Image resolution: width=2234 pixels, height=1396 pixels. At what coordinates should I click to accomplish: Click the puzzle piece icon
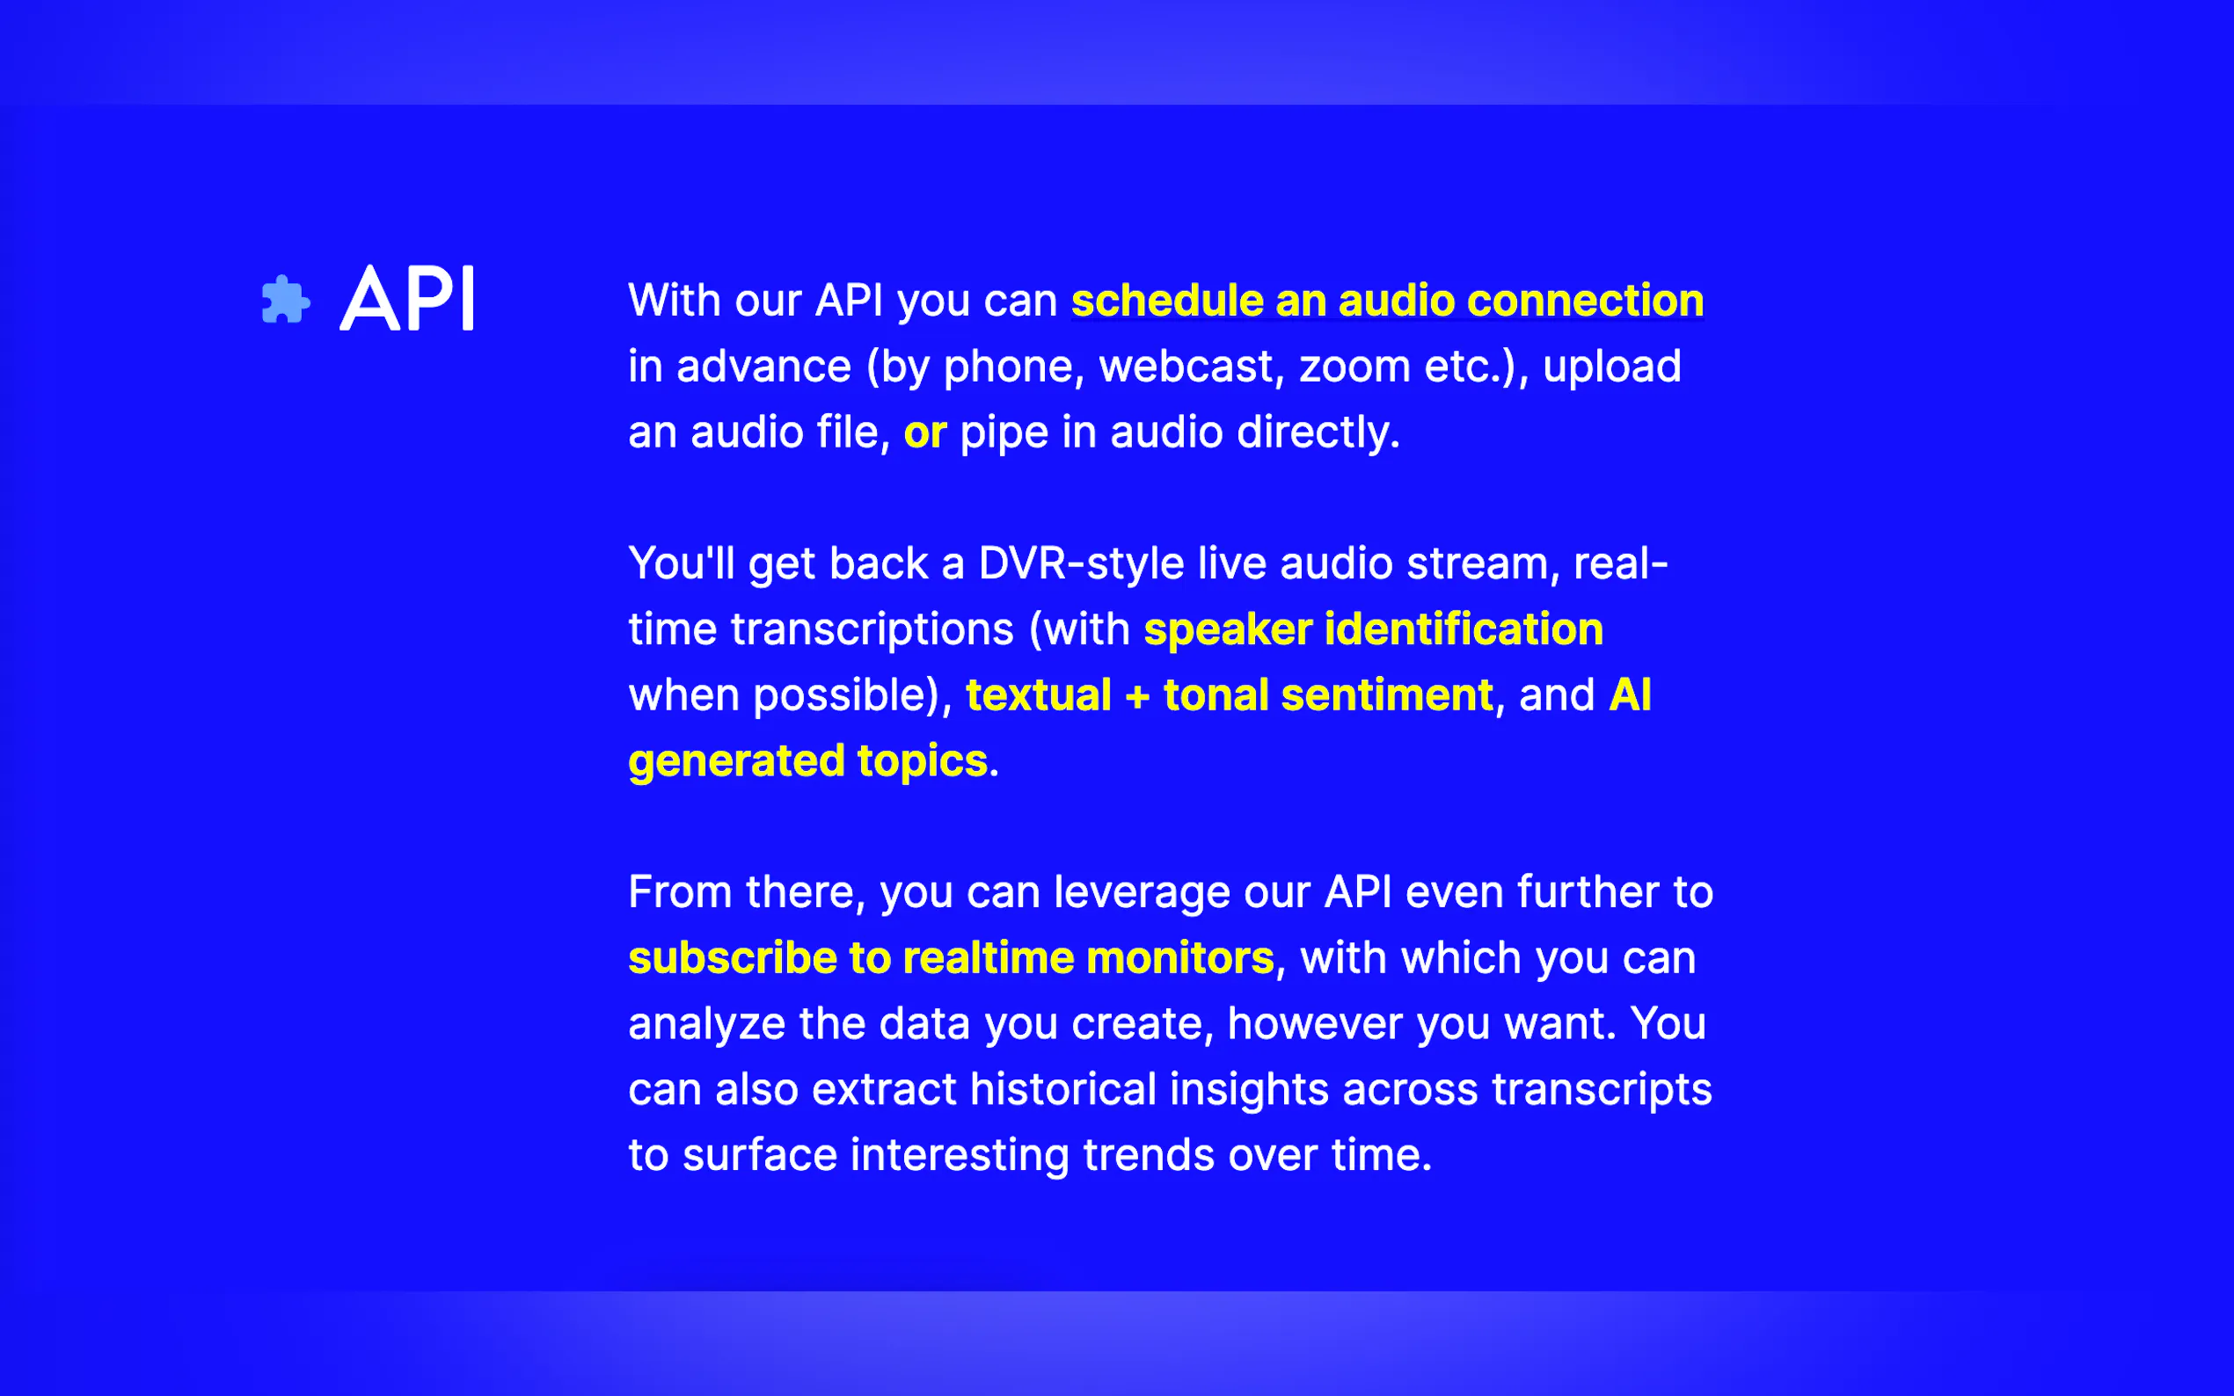coord(285,300)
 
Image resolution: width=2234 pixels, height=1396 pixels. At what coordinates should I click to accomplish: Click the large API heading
coord(407,298)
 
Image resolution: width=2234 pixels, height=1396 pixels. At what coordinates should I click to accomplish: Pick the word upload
coord(1611,367)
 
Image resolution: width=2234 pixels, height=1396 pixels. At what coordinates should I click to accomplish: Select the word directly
coord(1318,433)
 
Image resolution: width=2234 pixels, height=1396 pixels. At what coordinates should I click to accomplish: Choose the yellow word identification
coord(1464,629)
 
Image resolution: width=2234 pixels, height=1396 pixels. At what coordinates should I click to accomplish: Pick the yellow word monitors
coord(1180,958)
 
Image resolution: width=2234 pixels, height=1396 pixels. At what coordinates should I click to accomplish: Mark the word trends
coord(1149,1156)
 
